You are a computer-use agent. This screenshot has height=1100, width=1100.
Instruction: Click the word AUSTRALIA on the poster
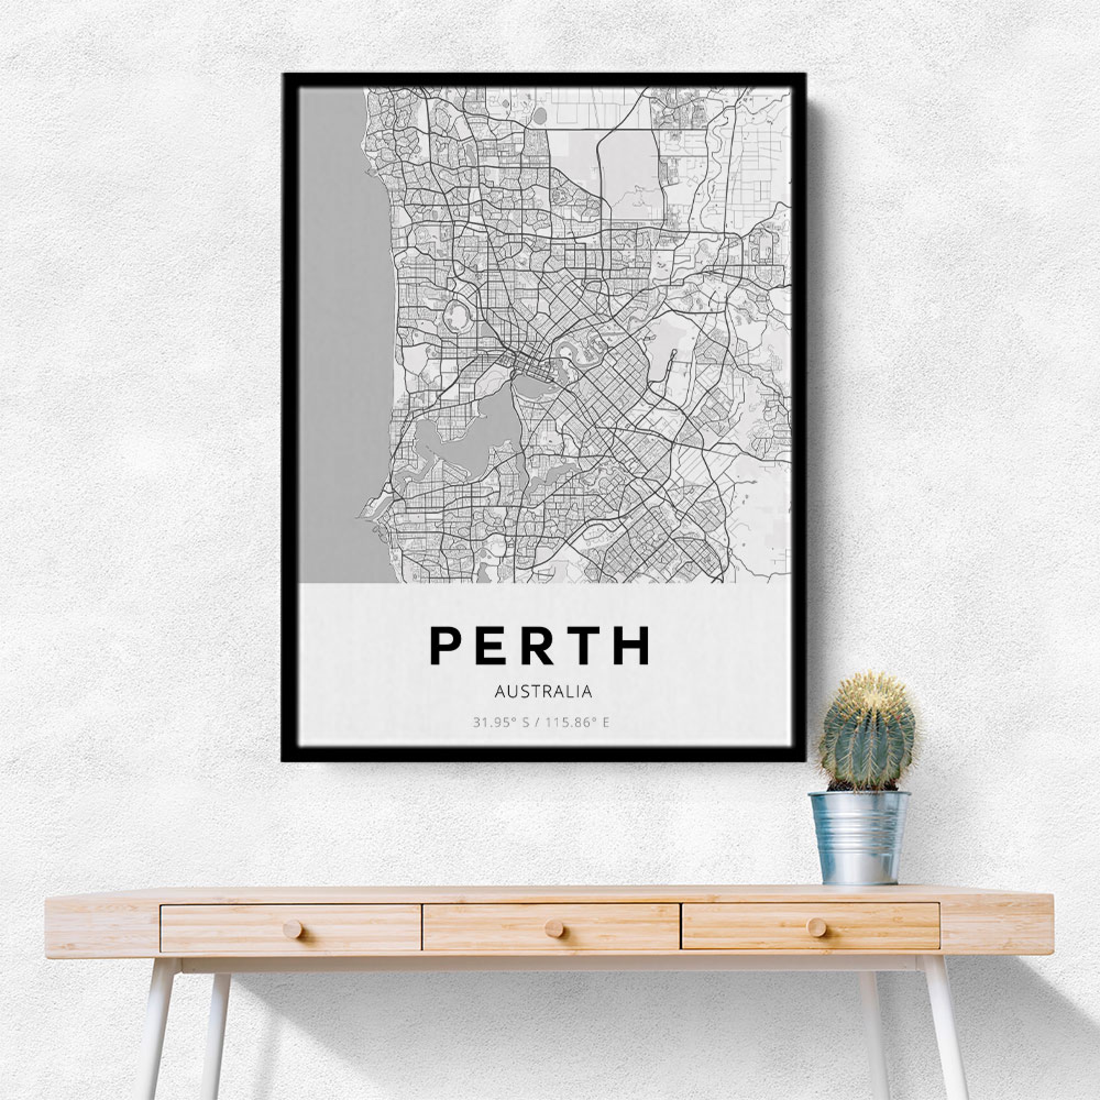tap(543, 691)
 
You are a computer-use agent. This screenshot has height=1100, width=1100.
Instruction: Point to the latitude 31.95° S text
tap(502, 723)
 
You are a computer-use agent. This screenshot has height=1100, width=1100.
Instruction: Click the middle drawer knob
tap(553, 928)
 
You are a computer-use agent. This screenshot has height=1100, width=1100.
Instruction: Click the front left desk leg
tap(155, 1031)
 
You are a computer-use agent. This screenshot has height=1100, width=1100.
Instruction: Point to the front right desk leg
tap(945, 1031)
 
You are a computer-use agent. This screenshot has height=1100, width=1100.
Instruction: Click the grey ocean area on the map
tap(336, 342)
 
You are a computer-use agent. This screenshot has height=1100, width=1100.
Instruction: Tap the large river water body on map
tap(455, 444)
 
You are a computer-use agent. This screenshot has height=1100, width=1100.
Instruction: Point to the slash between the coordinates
tap(540, 723)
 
